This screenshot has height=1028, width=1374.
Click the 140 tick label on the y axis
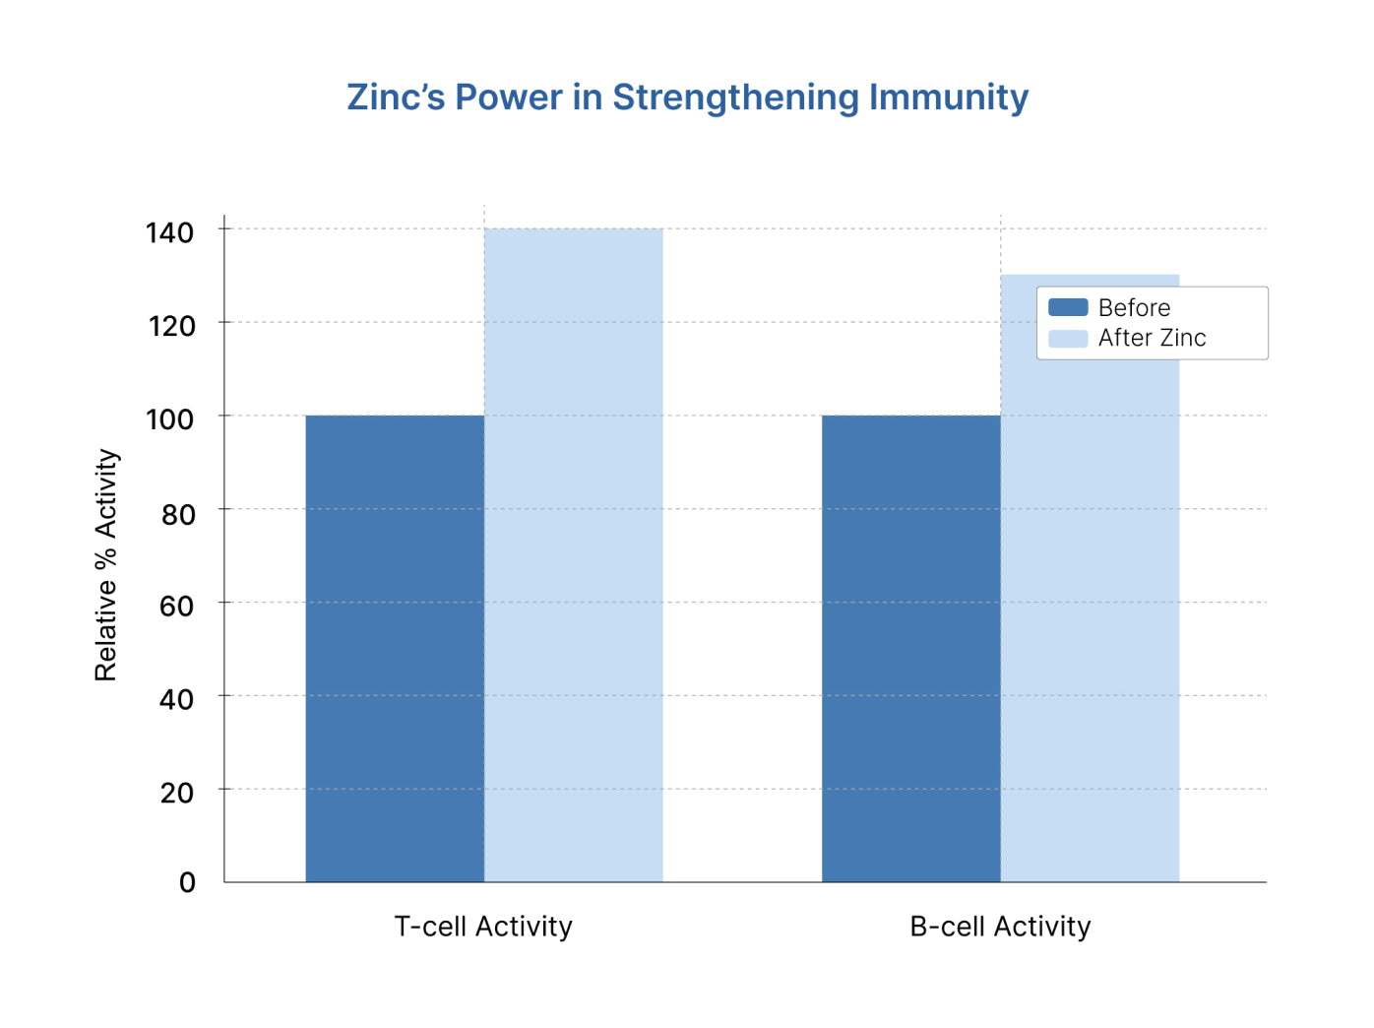pyautogui.click(x=170, y=232)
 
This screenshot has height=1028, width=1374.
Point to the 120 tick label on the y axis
pyautogui.click(x=171, y=326)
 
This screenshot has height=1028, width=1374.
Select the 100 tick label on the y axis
pyautogui.click(x=170, y=419)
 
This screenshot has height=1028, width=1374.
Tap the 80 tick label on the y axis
pyautogui.click(x=178, y=514)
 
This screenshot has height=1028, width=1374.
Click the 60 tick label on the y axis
pyautogui.click(x=177, y=606)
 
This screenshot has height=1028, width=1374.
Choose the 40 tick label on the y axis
pyautogui.click(x=177, y=699)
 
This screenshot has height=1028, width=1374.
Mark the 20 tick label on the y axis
pyautogui.click(x=177, y=793)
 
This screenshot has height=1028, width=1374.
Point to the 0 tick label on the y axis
pyautogui.click(x=187, y=882)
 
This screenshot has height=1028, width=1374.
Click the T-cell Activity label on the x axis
pyautogui.click(x=483, y=927)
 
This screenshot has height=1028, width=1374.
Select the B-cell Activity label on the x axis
pyautogui.click(x=1000, y=927)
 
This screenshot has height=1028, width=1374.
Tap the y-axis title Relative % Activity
pyautogui.click(x=106, y=565)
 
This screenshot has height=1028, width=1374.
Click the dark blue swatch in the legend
pyautogui.click(x=1068, y=307)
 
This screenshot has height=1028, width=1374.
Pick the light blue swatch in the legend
pyautogui.click(x=1068, y=339)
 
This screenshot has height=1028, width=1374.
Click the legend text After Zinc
pyautogui.click(x=1152, y=338)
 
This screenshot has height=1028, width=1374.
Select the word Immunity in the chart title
pyautogui.click(x=949, y=97)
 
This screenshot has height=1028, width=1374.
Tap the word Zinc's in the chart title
pyautogui.click(x=396, y=97)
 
